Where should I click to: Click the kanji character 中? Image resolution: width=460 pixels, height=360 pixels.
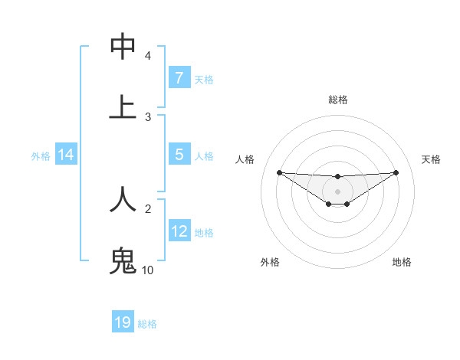pyautogui.click(x=123, y=47)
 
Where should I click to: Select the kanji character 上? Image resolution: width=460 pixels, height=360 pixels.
pyautogui.click(x=123, y=107)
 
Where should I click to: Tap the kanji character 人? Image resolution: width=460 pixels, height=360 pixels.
pyautogui.click(x=123, y=198)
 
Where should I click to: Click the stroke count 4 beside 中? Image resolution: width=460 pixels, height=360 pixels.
pyautogui.click(x=148, y=56)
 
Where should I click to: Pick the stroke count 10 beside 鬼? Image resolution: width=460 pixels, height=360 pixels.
pyautogui.click(x=148, y=270)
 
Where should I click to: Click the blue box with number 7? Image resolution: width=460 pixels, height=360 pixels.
pyautogui.click(x=179, y=78)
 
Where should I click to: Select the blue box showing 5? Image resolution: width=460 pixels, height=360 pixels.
pyautogui.click(x=179, y=155)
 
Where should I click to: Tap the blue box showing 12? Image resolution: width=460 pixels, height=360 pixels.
pyautogui.click(x=179, y=231)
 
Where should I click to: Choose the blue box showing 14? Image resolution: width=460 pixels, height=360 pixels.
pyautogui.click(x=66, y=155)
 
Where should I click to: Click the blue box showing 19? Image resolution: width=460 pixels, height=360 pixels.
pyautogui.click(x=123, y=322)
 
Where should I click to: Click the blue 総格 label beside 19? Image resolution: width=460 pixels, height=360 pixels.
pyautogui.click(x=147, y=324)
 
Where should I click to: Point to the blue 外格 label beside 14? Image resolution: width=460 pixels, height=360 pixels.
pyautogui.click(x=41, y=156)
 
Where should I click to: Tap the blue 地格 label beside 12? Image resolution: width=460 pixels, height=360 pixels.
pyautogui.click(x=204, y=233)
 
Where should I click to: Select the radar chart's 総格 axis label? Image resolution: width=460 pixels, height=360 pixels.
pyautogui.click(x=338, y=100)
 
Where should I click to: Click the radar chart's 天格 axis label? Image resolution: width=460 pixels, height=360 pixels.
pyautogui.click(x=431, y=159)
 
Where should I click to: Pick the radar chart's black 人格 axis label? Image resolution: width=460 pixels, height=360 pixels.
pyautogui.click(x=245, y=159)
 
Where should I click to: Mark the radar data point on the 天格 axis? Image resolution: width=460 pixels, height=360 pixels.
pyautogui.click(x=396, y=172)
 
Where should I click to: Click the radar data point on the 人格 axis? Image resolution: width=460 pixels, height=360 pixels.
pyautogui.click(x=279, y=172)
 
